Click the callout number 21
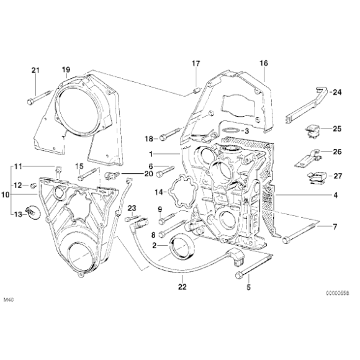[35, 69]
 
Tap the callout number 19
[66, 69]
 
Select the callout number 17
[196, 64]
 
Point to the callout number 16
[263, 63]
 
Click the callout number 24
[336, 92]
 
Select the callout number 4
[335, 196]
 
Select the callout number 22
[181, 286]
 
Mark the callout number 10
[6, 195]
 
